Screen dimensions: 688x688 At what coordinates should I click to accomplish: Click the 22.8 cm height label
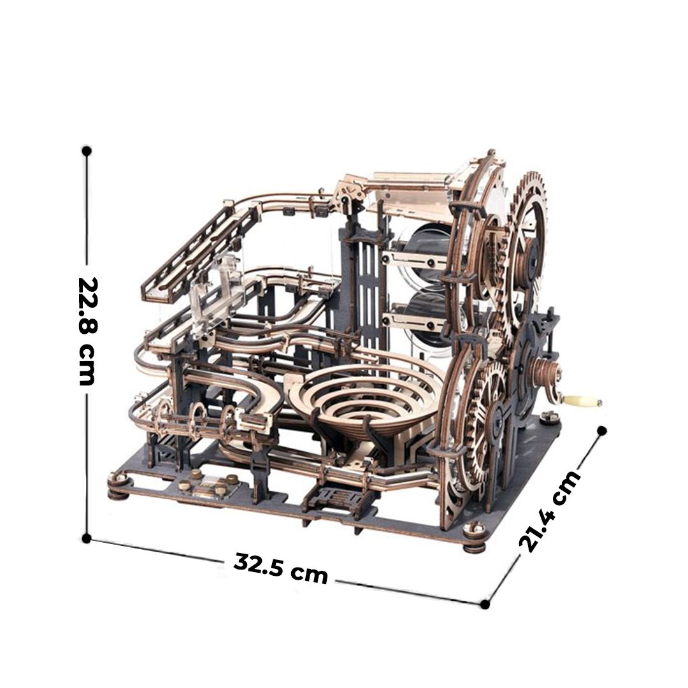tap(87, 331)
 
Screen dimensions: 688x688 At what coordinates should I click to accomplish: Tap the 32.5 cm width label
tap(281, 569)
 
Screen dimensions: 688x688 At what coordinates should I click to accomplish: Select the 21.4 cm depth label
tap(549, 512)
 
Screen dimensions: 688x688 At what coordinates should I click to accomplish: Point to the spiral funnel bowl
tap(364, 395)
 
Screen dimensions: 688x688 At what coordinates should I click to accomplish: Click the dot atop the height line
tap(87, 151)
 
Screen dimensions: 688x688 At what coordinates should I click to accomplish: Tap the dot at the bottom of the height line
tap(87, 538)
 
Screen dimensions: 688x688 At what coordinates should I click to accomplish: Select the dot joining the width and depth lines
tap(484, 604)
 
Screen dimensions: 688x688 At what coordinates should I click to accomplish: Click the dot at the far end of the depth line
tap(602, 431)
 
